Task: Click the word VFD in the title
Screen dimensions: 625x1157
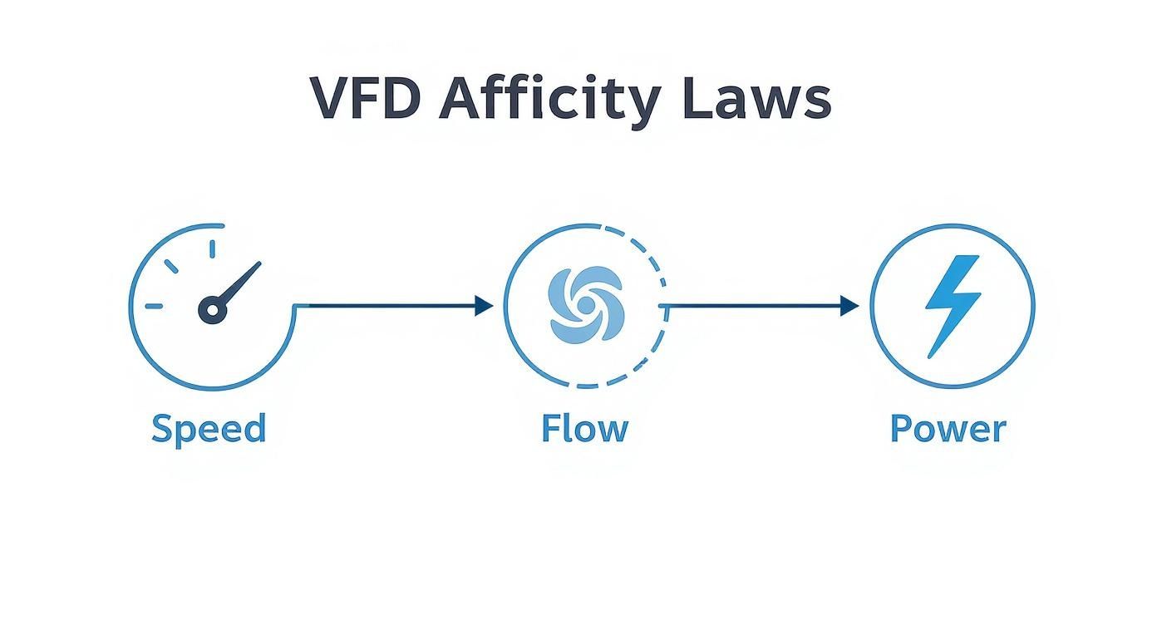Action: click(364, 98)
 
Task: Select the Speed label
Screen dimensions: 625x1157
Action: click(209, 430)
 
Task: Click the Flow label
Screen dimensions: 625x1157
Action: click(584, 429)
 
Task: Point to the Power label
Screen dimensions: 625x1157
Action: click(948, 429)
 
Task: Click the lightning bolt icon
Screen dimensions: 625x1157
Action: click(953, 305)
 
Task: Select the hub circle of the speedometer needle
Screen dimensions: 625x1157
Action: click(213, 311)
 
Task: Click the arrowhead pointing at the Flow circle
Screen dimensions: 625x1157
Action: click(484, 306)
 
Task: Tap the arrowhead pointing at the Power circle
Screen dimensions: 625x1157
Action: click(849, 306)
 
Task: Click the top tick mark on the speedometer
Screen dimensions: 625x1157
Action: click(212, 249)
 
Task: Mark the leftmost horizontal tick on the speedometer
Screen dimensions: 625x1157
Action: click(155, 306)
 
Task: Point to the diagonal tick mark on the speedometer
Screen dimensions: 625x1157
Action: click(171, 266)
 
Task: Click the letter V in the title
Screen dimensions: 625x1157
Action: click(328, 98)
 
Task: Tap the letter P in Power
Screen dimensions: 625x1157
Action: click(900, 429)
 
